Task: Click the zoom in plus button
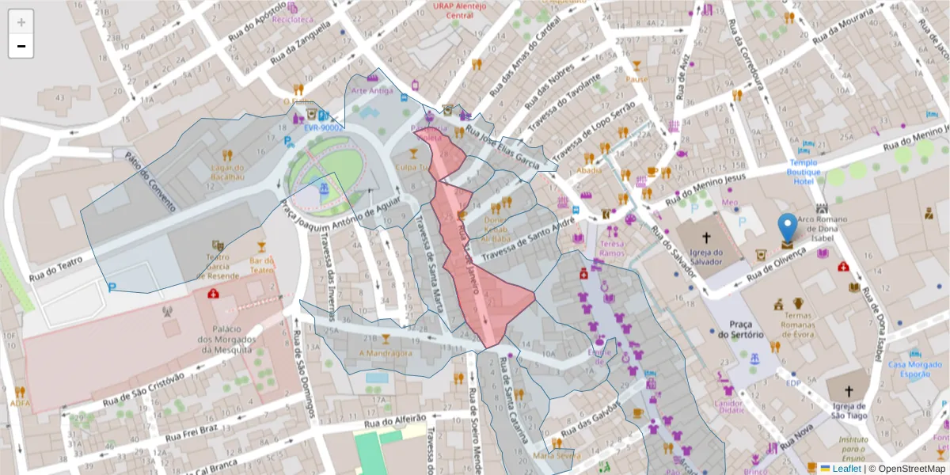tap(21, 22)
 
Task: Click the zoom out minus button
tap(21, 46)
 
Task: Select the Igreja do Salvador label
tap(706, 258)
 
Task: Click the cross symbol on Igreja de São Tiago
tap(849, 391)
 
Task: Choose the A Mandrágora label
tap(386, 353)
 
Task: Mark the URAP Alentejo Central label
tap(454, 9)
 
